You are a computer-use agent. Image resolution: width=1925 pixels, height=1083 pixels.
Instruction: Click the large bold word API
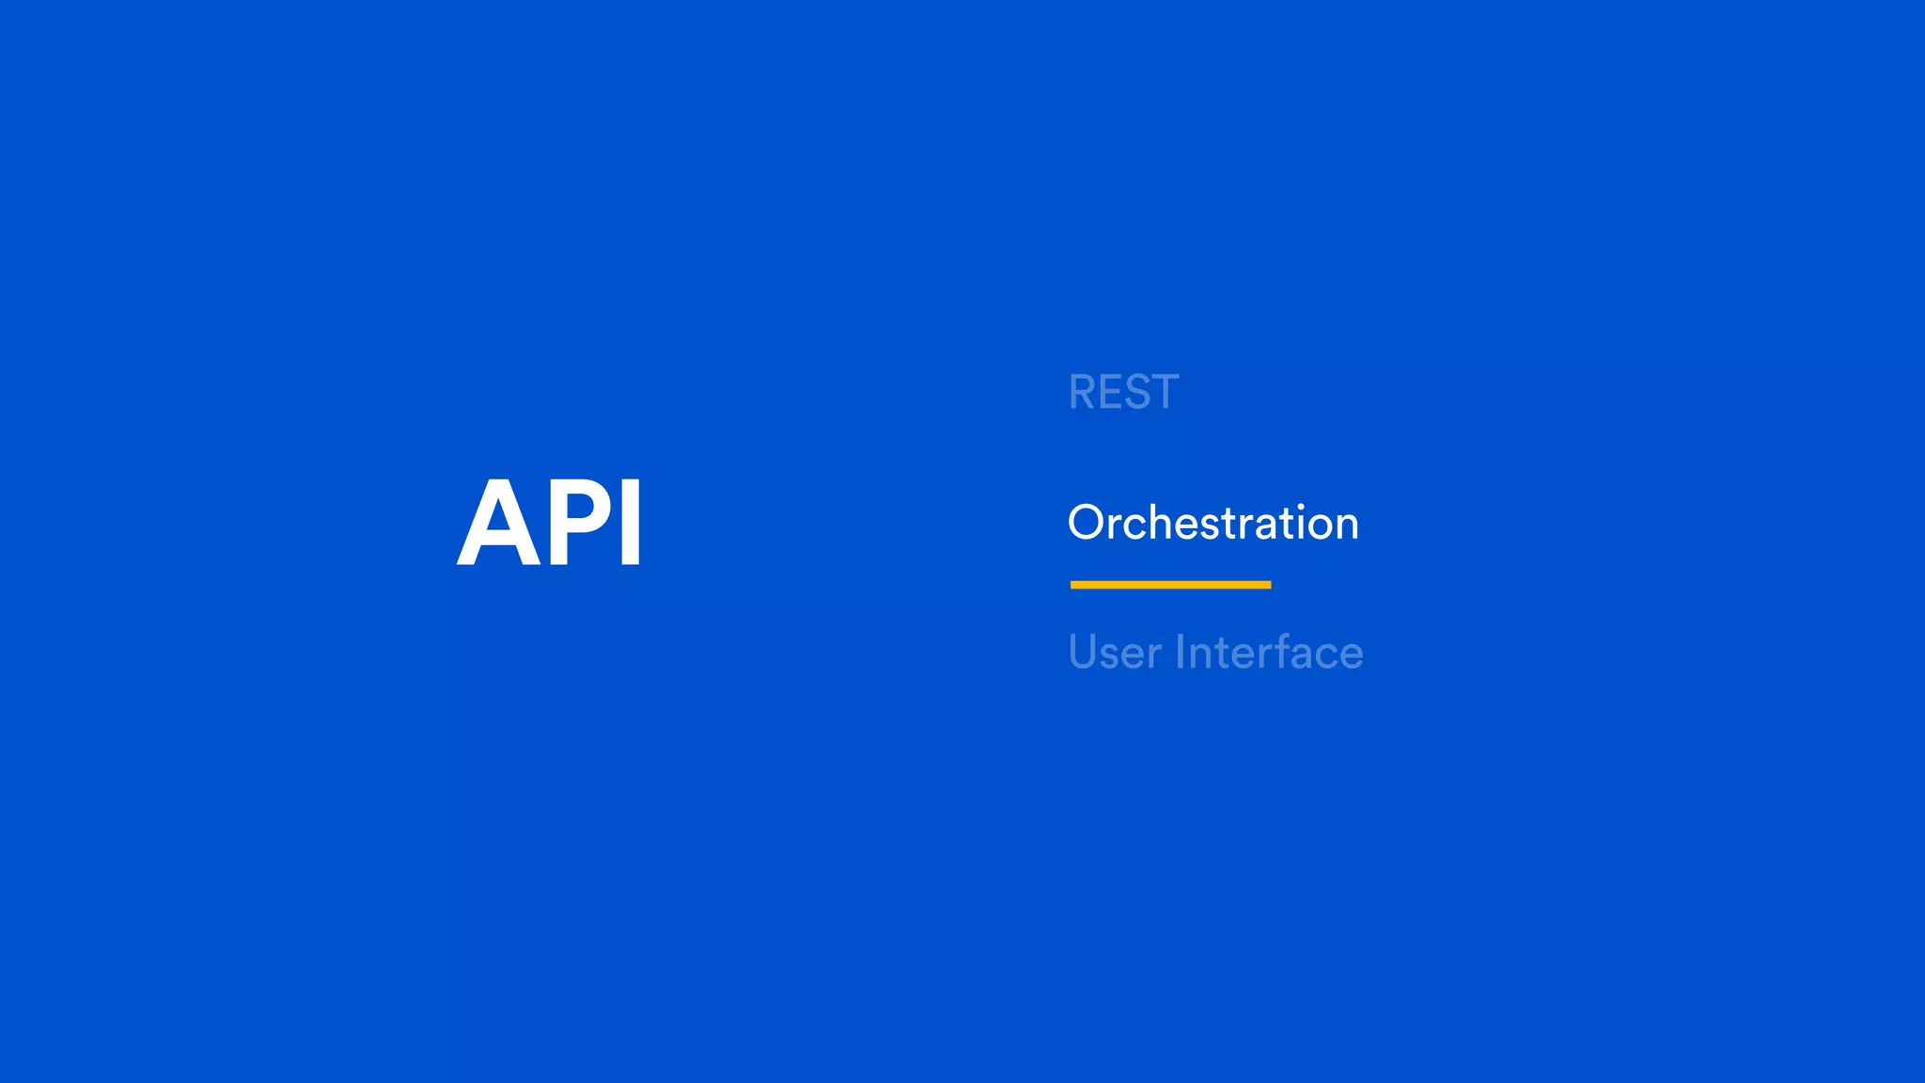[x=550, y=522]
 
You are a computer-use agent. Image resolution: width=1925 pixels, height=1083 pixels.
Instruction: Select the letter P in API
[x=581, y=522]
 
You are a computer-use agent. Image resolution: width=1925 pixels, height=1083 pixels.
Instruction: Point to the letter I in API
[x=632, y=522]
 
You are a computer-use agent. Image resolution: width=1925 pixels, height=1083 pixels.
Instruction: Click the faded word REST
[x=1123, y=392]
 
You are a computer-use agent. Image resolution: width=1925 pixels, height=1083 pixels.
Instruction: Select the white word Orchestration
[x=1213, y=523]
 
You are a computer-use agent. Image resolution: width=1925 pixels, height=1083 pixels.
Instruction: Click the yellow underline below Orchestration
[x=1170, y=585]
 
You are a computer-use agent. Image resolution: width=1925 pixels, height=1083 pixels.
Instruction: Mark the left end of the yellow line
[x=1073, y=585]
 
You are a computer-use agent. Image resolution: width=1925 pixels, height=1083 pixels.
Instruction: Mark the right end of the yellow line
[x=1268, y=585]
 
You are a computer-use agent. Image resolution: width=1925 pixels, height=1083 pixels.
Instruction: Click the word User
[x=1115, y=652]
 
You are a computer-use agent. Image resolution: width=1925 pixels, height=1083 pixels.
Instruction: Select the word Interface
[x=1269, y=652]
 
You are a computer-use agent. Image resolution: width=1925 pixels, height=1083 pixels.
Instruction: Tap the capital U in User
[x=1083, y=651]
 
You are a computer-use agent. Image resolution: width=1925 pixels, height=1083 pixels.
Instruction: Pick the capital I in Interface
[x=1180, y=651]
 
